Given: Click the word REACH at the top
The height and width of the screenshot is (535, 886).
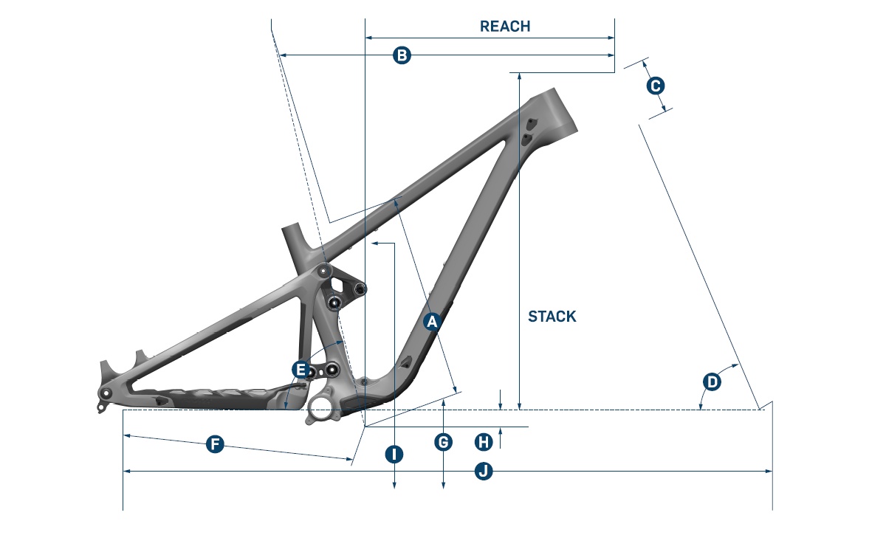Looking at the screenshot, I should pos(505,27).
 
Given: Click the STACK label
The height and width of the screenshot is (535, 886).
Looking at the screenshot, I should pos(552,317).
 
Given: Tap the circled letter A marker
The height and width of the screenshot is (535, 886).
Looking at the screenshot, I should pos(433,322).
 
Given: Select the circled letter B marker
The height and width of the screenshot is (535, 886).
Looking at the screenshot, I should pos(401,55).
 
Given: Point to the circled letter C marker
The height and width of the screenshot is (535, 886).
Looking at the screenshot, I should pos(655,86).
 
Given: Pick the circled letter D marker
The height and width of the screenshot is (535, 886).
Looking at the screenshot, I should pos(712,382).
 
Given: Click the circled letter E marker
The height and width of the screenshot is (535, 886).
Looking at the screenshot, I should pos(299,368).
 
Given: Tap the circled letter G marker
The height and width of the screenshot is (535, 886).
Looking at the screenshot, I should pos(443,442).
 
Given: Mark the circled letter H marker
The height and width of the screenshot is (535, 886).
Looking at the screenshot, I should pos(484,441).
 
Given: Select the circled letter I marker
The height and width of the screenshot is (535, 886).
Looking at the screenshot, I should pos(394,454).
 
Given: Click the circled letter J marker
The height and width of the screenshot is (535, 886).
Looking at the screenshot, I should pos(484,471).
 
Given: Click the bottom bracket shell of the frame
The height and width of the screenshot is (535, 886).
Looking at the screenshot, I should pos(323,407).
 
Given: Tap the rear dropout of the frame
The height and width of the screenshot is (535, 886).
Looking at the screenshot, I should pos(106,394).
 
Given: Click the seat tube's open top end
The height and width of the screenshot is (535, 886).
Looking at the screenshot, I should pos(292,228).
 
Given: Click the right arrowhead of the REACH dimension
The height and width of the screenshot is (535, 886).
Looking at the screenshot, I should pos(612,37).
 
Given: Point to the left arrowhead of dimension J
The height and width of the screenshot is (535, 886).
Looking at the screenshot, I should pos(126,471).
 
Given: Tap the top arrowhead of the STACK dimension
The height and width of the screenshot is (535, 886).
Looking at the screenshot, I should pos(520,76).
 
